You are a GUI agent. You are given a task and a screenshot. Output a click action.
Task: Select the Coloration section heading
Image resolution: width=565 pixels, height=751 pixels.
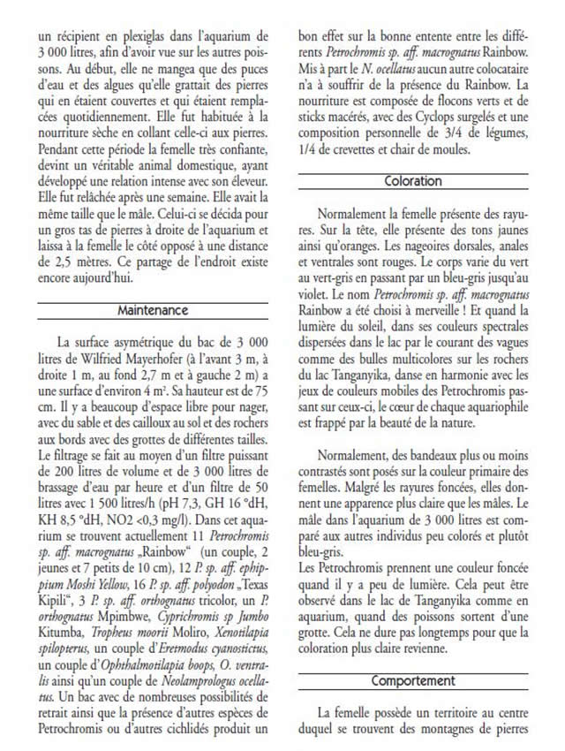click(412, 181)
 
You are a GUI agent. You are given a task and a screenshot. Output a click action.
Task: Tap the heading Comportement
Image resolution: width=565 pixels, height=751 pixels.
click(412, 681)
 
